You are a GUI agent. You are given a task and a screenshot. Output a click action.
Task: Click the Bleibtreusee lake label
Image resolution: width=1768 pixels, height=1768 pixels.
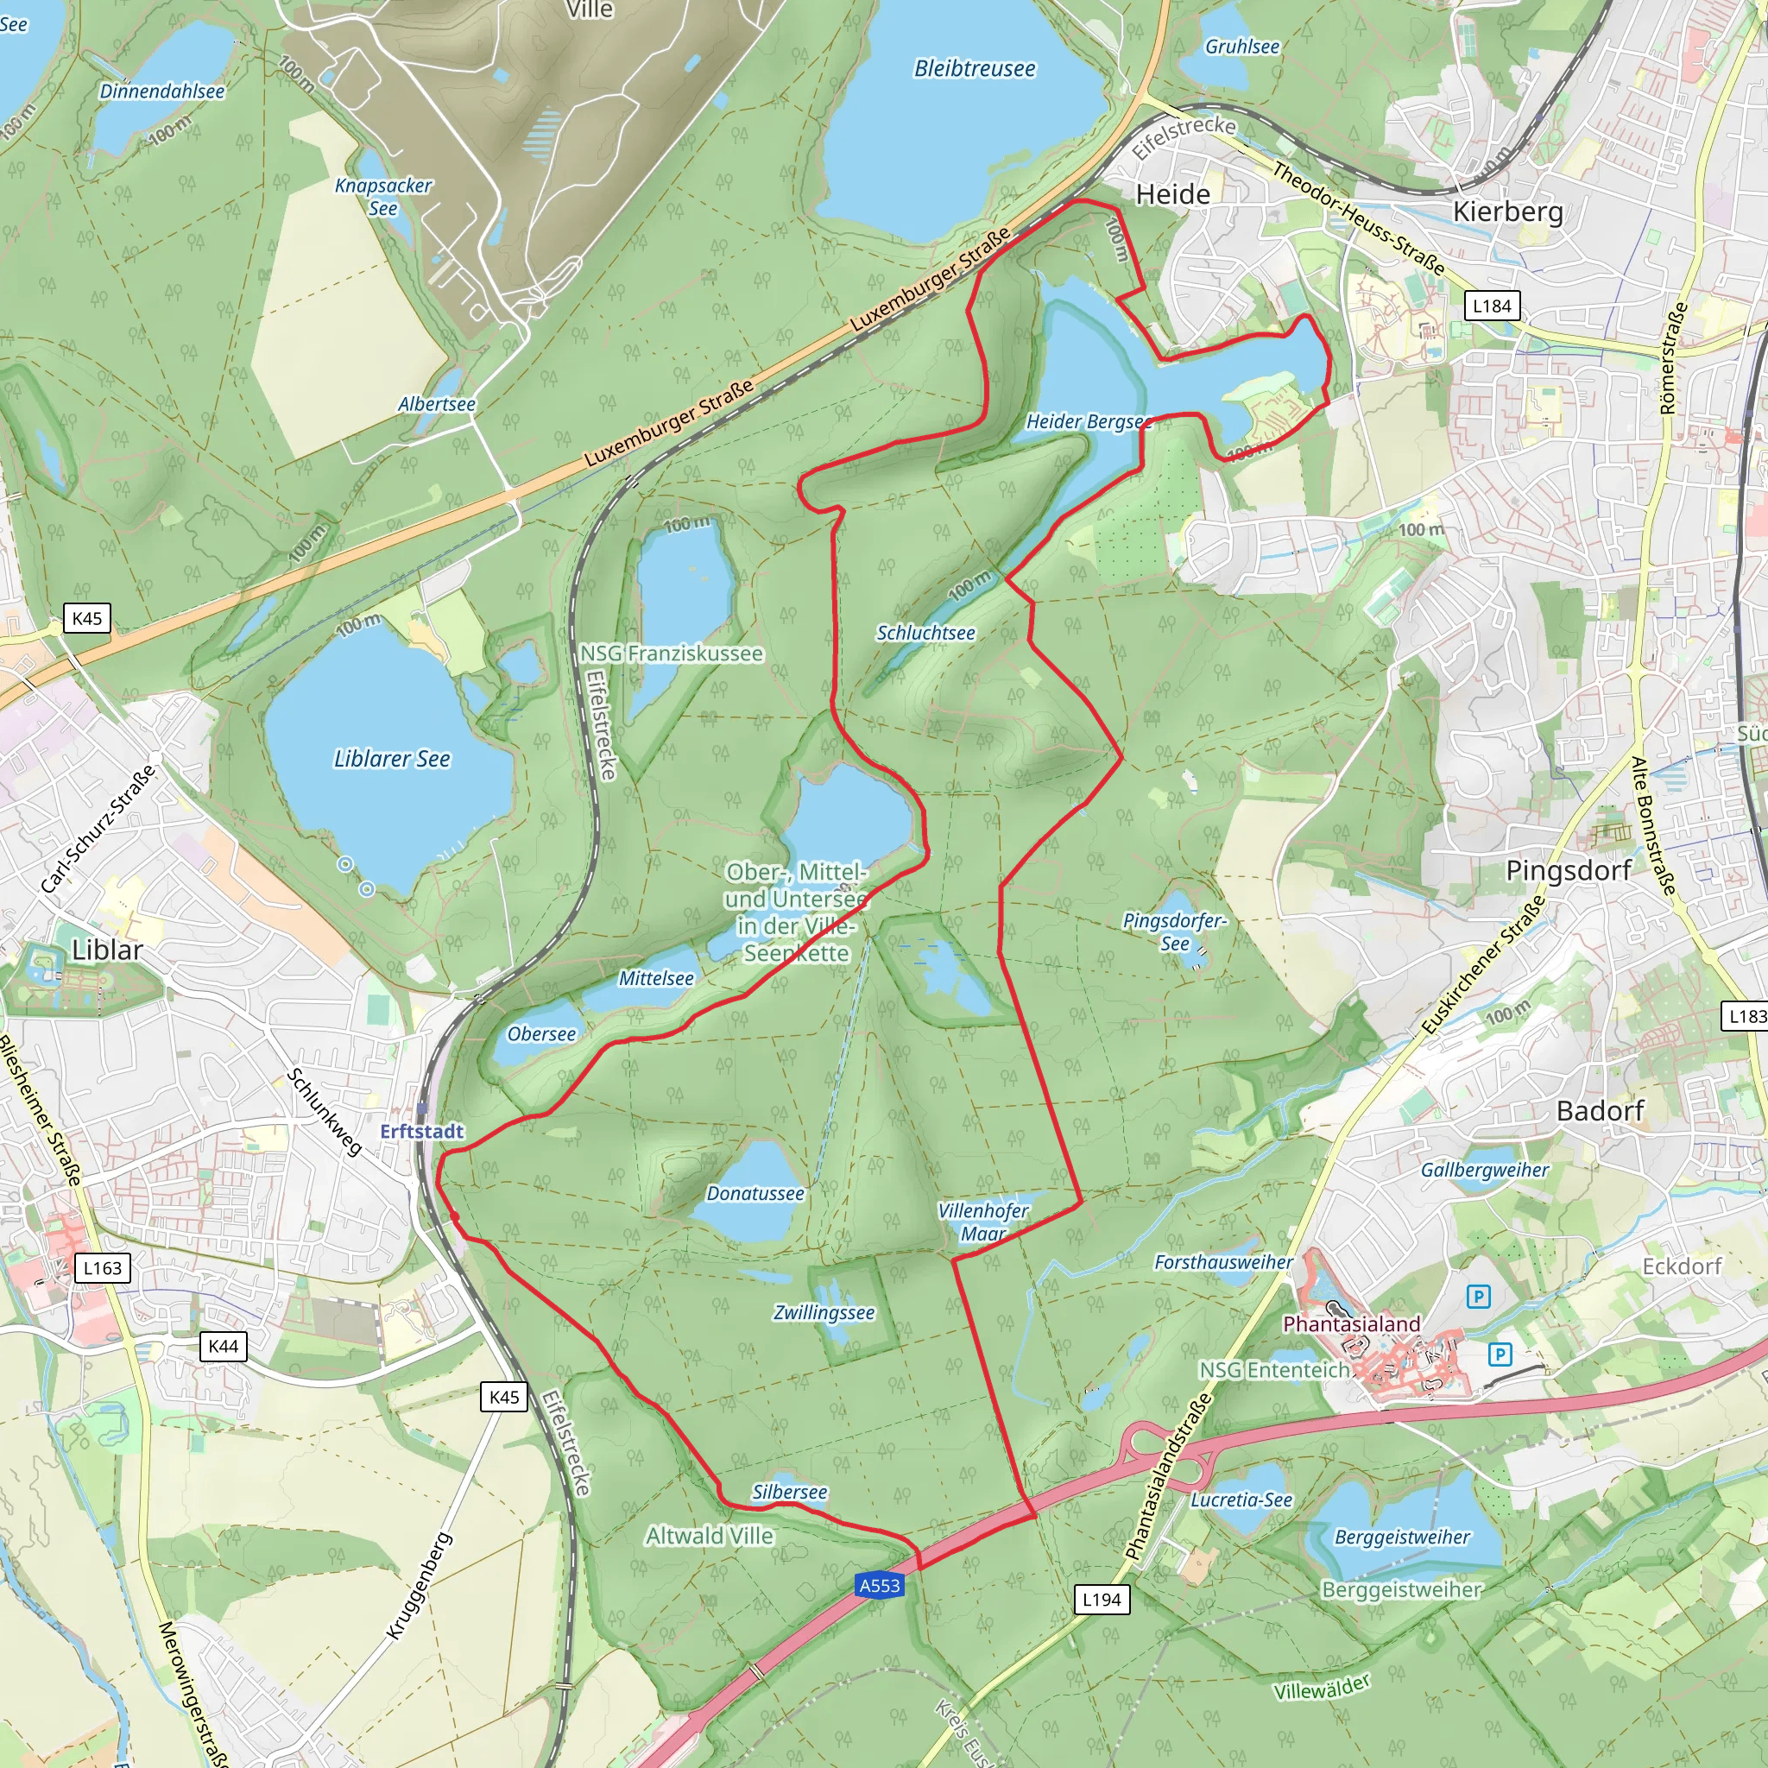(975, 69)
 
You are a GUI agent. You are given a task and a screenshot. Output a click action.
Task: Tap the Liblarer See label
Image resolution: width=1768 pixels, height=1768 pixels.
(392, 759)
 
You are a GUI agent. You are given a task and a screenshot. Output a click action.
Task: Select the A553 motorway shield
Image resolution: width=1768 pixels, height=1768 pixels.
(880, 1585)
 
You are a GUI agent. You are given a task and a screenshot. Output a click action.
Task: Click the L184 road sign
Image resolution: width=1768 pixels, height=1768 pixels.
(1492, 306)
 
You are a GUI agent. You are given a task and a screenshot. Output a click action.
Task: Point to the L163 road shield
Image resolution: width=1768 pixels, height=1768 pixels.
(103, 1267)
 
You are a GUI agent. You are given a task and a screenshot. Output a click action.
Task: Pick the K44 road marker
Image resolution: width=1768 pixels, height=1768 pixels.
(224, 1345)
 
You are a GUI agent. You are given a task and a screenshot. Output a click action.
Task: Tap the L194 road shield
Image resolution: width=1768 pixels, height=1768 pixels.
(1101, 1599)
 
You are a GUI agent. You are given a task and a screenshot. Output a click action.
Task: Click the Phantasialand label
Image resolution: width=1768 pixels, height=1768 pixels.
(1351, 1323)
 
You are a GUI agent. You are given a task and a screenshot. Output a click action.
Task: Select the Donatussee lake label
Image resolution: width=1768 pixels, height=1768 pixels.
(755, 1193)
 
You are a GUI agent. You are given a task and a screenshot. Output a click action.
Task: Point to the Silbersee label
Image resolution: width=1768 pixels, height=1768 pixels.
(789, 1492)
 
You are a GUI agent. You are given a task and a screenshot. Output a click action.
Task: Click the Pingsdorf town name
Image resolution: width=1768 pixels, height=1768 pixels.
(1569, 870)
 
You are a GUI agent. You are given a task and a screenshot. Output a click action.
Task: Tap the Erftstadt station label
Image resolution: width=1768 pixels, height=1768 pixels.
(422, 1131)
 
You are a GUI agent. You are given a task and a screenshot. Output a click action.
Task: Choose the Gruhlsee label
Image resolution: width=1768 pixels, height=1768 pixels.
(1241, 47)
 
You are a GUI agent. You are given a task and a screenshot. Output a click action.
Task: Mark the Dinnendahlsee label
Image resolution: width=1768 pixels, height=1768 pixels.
(162, 92)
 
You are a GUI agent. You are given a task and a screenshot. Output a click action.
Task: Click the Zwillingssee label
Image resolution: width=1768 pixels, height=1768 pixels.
(824, 1313)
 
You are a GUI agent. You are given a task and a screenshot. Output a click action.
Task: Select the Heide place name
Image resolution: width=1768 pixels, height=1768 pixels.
(1172, 194)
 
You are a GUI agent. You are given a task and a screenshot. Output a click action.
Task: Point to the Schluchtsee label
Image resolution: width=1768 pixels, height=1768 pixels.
(925, 632)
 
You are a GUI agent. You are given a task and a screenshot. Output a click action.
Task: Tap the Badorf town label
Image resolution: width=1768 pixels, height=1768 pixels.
(1601, 1111)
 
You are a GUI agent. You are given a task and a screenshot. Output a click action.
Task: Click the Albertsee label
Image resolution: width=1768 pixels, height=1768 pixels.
(437, 403)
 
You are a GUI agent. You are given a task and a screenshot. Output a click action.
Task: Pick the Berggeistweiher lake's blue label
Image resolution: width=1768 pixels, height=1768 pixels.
(1402, 1537)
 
